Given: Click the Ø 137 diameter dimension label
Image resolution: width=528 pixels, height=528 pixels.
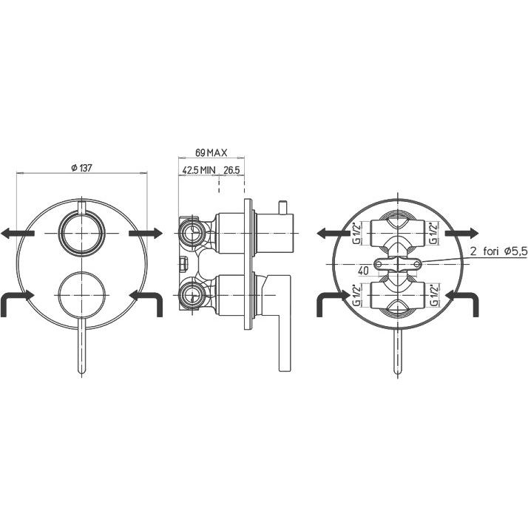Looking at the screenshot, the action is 82,168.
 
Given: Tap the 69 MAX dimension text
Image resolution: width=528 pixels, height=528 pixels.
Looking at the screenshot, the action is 211,153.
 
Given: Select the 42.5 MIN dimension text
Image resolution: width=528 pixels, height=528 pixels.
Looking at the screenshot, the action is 199,170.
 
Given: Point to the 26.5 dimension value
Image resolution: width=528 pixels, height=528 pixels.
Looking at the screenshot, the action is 231,170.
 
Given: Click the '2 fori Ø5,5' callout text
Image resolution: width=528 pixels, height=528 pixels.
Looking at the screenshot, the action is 498,252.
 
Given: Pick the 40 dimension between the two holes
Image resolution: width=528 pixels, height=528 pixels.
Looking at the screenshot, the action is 364,271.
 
